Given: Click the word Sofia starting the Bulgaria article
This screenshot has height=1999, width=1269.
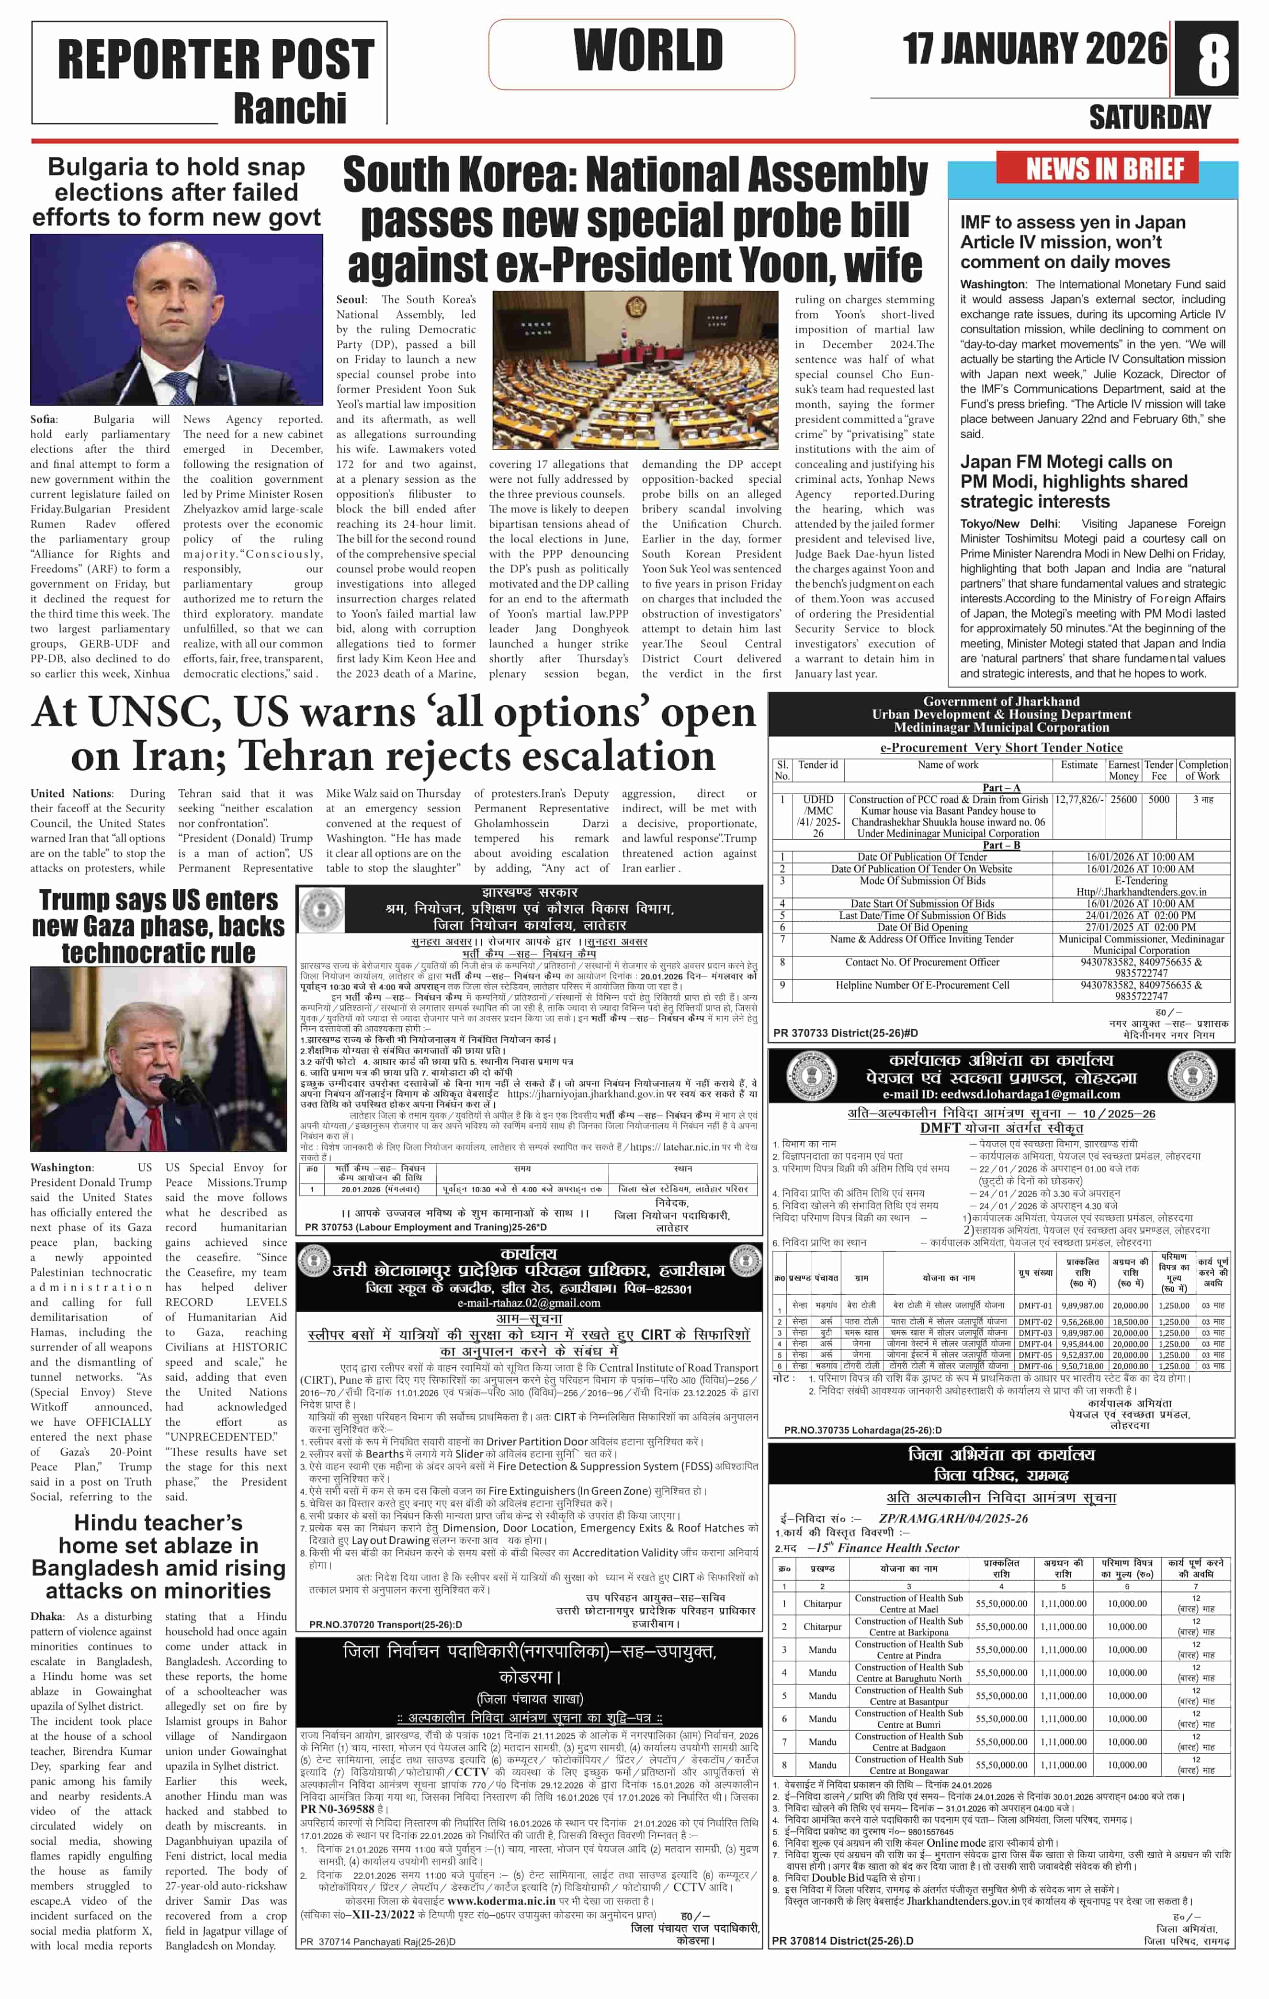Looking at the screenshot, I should pos(44,419).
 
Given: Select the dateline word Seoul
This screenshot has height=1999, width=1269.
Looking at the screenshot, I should pos(350,300).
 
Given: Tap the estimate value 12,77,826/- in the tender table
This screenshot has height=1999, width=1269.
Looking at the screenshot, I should pos(1078,799).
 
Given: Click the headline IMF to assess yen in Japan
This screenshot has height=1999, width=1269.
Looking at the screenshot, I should pos(1072,223).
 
